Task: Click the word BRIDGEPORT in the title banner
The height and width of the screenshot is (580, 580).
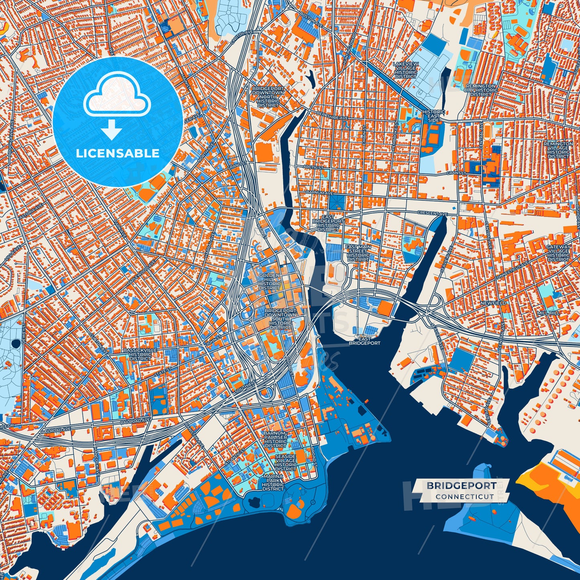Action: coord(461,485)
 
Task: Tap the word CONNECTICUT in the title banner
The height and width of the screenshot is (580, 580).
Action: coord(464,497)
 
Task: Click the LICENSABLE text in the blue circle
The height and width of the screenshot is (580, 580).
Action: coord(118,153)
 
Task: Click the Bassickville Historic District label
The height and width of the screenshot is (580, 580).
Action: coord(140,354)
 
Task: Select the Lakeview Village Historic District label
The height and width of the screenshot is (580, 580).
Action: coord(406,70)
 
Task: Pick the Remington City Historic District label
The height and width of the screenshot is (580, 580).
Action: coord(480,90)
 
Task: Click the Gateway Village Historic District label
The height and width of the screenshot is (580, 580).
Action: coord(558,253)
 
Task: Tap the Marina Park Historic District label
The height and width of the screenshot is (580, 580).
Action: coord(273,482)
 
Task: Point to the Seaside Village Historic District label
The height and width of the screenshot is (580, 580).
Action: coord(285,463)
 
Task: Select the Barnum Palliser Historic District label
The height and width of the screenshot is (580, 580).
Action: coord(275,440)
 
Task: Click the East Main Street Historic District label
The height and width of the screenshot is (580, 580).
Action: coord(358,253)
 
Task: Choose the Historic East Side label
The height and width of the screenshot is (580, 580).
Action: coord(433,116)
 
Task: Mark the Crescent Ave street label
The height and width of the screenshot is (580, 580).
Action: coord(432,214)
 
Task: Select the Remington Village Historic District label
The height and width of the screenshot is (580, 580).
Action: coord(558,150)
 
